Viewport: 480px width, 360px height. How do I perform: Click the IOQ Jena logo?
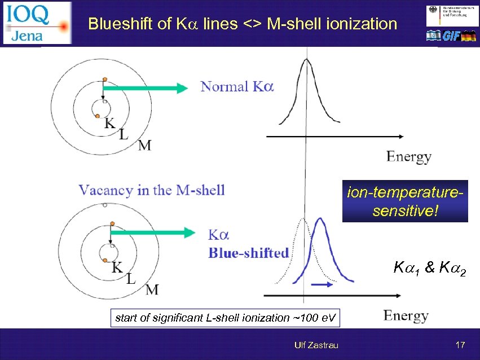click(37, 23)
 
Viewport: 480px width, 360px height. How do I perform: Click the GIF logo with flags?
click(451, 36)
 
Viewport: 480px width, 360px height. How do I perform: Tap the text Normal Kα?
click(237, 87)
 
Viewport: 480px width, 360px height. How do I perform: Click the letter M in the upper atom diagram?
click(145, 146)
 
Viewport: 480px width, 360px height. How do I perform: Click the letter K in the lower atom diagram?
click(117, 267)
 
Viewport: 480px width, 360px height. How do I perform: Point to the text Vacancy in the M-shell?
click(152, 190)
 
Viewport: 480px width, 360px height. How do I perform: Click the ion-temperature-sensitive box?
click(405, 201)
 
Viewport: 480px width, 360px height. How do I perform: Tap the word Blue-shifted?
click(248, 252)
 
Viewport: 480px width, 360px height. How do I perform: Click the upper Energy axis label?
click(409, 156)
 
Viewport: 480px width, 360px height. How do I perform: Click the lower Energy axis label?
click(406, 315)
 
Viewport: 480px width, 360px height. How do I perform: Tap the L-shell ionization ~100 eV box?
click(226, 318)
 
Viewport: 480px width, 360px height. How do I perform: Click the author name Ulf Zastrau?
click(316, 345)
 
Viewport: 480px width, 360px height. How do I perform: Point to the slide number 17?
click(460, 345)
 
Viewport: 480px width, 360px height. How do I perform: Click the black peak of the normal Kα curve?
click(306, 62)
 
